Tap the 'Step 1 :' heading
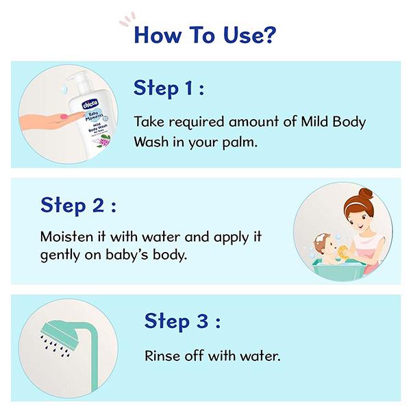(169, 89)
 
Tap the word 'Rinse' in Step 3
(161, 356)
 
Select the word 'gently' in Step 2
(60, 256)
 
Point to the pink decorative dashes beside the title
(125, 20)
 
